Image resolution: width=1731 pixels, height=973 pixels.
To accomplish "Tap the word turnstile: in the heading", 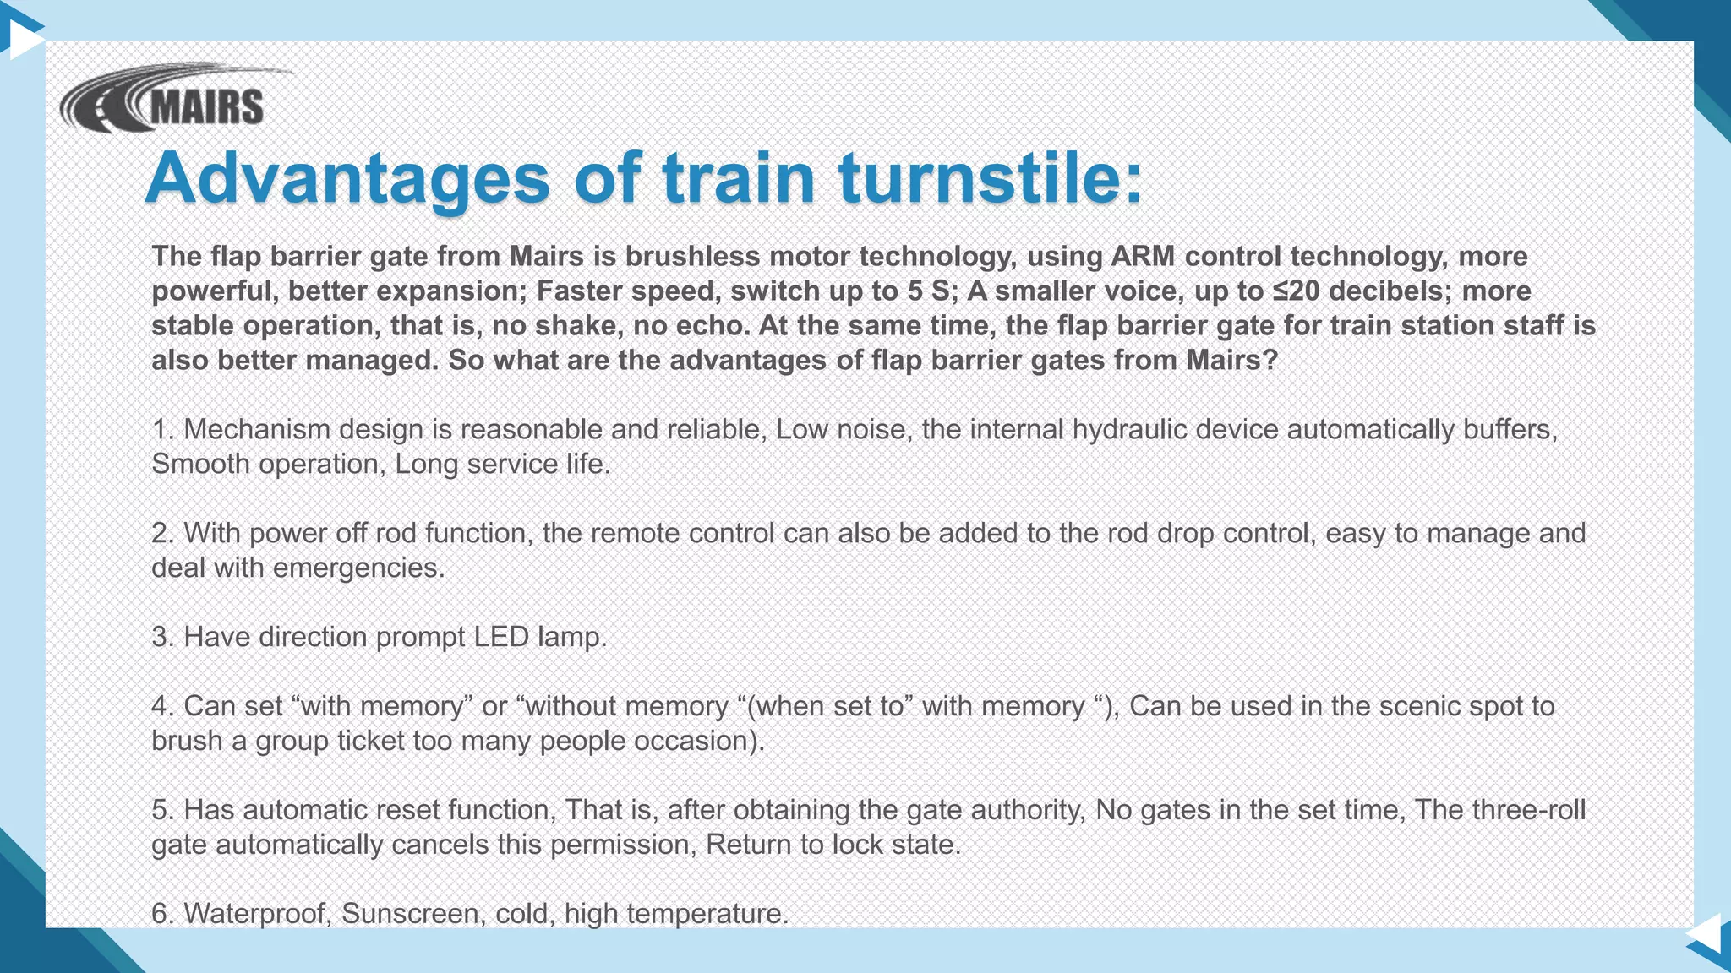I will click(x=990, y=178).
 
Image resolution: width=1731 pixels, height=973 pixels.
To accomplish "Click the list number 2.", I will click(x=161, y=533).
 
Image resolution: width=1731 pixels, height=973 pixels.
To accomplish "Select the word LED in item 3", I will click(x=501, y=637).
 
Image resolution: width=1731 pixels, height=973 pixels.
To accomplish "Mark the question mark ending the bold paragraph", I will click(x=1270, y=360).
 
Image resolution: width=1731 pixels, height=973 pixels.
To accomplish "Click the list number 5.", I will click(x=161, y=810).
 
